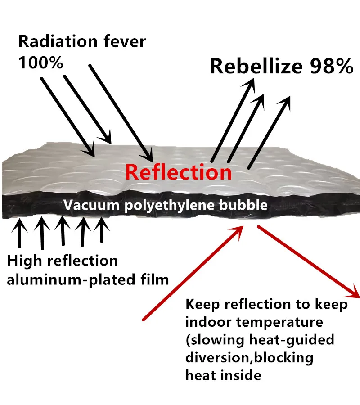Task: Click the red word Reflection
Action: [178, 171]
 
